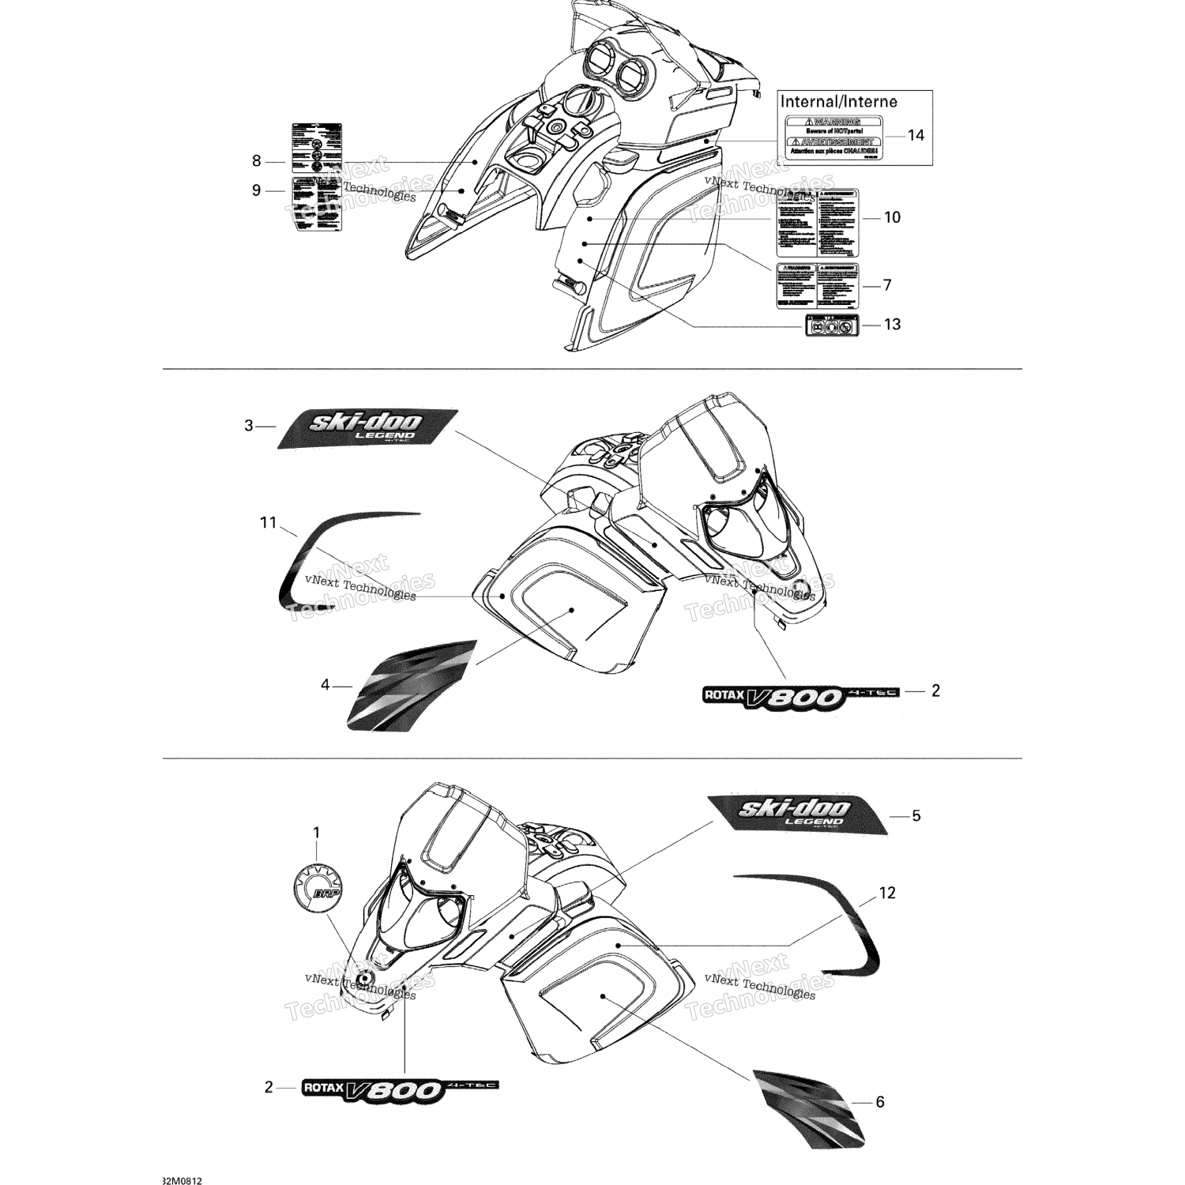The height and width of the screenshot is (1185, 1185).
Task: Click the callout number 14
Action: [x=915, y=135]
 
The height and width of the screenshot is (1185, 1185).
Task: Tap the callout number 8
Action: [x=256, y=161]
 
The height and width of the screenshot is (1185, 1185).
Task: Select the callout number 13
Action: [x=892, y=325]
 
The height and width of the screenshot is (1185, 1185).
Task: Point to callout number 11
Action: [x=269, y=522]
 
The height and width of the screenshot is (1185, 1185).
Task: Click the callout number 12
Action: [x=887, y=893]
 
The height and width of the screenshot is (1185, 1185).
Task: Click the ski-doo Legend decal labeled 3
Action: [x=367, y=429]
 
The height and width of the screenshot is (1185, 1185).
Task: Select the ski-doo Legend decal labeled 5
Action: [x=798, y=814]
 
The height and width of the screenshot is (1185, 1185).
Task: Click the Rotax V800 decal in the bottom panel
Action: [x=400, y=1089]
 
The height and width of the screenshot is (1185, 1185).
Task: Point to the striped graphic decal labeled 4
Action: [x=411, y=685]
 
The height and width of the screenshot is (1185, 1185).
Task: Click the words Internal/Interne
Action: [x=838, y=102]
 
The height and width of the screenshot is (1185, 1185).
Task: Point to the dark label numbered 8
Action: [x=317, y=148]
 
